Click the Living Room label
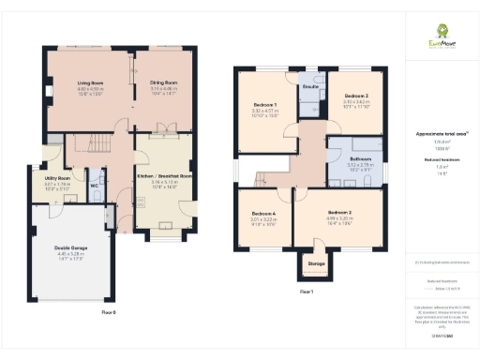(90, 82)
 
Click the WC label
(95, 186)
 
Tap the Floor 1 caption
(306, 292)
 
